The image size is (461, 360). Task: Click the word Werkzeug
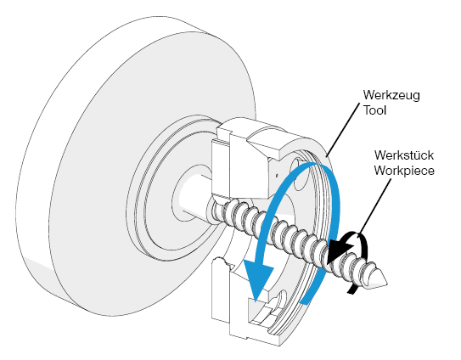point(391,95)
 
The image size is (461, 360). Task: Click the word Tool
point(374,110)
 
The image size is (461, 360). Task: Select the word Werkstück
point(404,155)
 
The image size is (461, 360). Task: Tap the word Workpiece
point(404,171)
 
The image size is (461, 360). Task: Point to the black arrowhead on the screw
point(340,250)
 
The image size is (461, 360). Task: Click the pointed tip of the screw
point(386,283)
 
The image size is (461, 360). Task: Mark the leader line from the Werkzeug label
point(343,129)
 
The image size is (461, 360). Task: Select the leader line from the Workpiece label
point(375,205)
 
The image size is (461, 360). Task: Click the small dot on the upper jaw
point(277,175)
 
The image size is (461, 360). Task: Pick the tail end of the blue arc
point(305,299)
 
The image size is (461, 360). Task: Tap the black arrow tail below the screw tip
point(352,290)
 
